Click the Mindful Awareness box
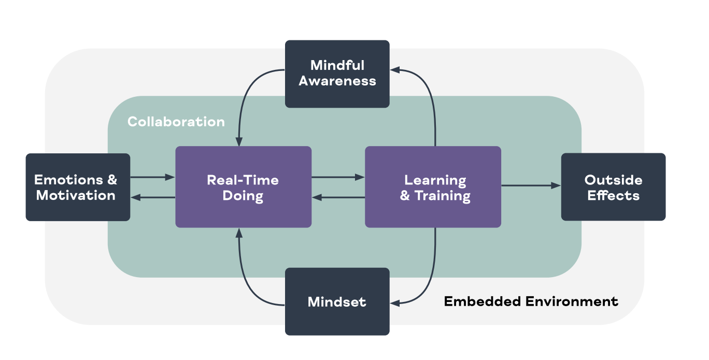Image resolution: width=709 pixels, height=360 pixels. click(x=337, y=74)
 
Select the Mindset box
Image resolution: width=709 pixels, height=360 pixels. click(x=337, y=301)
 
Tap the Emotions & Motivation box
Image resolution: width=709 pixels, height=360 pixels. click(x=78, y=187)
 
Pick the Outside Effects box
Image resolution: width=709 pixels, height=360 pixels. click(x=613, y=187)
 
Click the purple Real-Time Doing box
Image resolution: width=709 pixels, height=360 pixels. click(x=243, y=187)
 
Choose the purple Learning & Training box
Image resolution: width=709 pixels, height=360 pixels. click(x=433, y=187)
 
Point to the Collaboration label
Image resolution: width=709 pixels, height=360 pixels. click(x=176, y=122)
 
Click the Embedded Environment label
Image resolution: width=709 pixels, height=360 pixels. click(x=531, y=301)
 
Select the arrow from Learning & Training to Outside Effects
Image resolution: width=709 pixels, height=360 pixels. click(x=531, y=185)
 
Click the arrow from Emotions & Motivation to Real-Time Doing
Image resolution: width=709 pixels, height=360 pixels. click(x=152, y=177)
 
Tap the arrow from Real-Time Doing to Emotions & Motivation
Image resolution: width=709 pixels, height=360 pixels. click(x=152, y=197)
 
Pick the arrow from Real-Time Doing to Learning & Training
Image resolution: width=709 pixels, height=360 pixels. click(x=338, y=177)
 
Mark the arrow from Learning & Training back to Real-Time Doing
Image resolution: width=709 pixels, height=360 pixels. click(x=338, y=197)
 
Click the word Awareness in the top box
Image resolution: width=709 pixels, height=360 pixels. click(x=337, y=81)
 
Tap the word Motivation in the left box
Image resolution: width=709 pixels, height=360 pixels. click(x=76, y=195)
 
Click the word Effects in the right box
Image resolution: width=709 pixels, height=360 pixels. click(x=613, y=196)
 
